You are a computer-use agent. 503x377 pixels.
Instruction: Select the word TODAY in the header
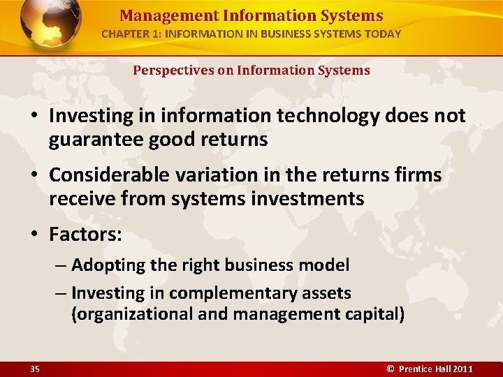pos(384,34)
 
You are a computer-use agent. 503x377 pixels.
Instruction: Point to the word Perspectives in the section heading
pos(166,71)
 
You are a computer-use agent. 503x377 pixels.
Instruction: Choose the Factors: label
pos(85,235)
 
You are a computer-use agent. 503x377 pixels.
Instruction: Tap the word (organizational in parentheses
pos(132,314)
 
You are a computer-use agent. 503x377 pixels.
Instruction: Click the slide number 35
pos(35,369)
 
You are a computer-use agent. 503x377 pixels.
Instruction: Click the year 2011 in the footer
pos(462,369)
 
